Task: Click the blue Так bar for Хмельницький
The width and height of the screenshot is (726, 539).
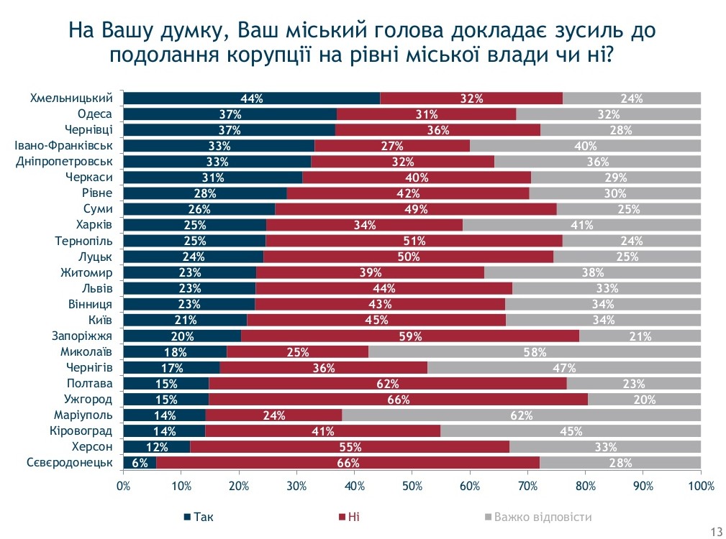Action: click(x=252, y=98)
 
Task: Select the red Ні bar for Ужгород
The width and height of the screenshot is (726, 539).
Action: click(x=398, y=400)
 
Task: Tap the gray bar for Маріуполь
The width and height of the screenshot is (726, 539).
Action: click(x=521, y=415)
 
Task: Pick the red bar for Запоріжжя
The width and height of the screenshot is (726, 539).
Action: click(x=409, y=336)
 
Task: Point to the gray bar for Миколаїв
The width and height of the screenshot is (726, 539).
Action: click(x=534, y=352)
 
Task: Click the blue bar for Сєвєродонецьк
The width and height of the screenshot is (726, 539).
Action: click(x=140, y=463)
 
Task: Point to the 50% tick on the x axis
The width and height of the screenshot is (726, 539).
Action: click(x=412, y=486)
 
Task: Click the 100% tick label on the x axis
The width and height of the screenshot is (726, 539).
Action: click(x=701, y=486)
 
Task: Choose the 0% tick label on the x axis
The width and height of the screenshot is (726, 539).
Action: click(x=124, y=486)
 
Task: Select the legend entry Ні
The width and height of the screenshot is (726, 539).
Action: click(x=353, y=517)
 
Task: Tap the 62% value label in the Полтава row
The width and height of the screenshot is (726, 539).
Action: click(x=387, y=384)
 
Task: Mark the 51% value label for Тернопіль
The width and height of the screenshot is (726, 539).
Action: click(x=414, y=241)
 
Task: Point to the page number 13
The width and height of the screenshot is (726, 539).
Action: click(x=715, y=532)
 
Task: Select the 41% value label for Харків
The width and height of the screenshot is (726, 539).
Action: click(x=581, y=225)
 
